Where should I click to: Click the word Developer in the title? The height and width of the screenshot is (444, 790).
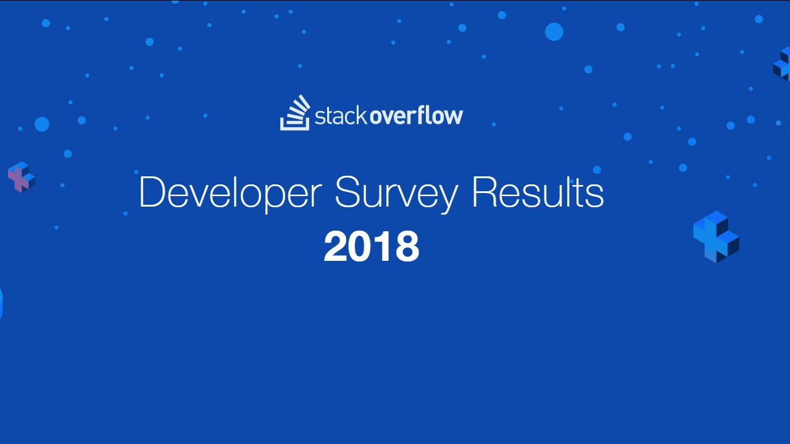230,192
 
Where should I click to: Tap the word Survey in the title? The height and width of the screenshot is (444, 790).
396,192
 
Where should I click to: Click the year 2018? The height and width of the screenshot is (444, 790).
372,247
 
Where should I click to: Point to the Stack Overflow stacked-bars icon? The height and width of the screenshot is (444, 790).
295,113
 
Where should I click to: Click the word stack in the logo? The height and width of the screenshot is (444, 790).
340,115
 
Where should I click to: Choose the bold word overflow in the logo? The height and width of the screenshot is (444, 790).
416,115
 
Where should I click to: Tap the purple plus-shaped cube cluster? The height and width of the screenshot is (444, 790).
21,177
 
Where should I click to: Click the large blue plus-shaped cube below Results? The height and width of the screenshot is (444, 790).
716,237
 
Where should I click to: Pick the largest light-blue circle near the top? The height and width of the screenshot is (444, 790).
554,32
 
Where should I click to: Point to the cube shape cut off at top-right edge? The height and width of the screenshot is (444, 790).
783,64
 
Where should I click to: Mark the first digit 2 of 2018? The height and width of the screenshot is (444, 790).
336,247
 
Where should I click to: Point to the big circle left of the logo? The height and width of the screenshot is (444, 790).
42,124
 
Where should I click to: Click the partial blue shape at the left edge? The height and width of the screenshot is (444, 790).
1,303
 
